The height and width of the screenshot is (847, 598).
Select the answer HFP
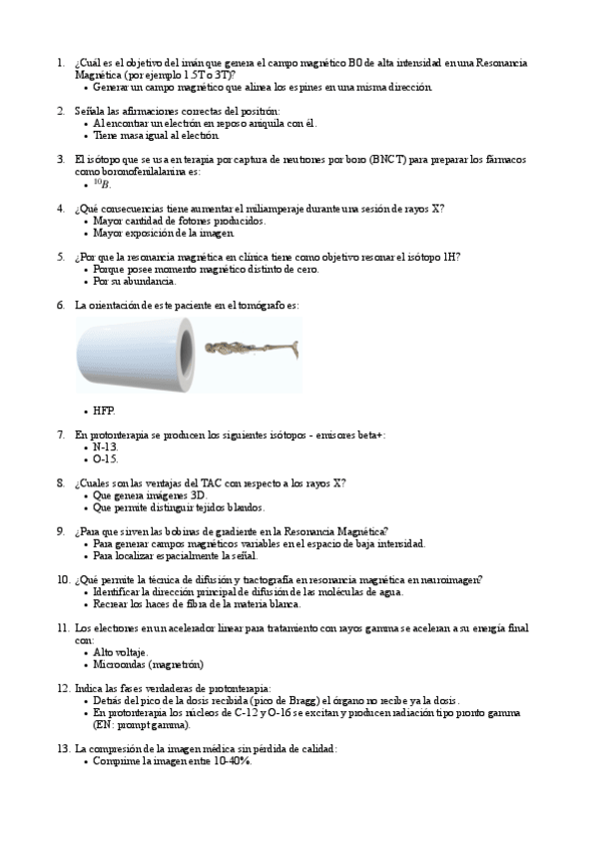104,410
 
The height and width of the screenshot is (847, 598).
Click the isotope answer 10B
102,184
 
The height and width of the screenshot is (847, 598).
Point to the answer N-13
105,447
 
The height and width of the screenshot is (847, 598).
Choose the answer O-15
105,459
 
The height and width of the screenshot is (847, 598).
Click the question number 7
61,434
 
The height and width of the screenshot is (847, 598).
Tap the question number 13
63,748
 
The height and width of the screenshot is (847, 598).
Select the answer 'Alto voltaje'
120,651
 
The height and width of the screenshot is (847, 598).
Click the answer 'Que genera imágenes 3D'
151,494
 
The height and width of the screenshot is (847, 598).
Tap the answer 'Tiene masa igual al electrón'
155,135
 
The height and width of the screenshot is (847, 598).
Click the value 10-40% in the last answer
232,760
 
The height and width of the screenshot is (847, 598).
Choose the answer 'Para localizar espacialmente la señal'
175,555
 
